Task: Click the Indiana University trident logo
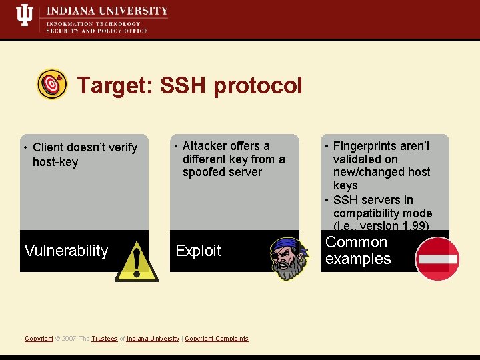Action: (25, 15)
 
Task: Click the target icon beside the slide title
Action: (51, 85)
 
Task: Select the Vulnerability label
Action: (66, 251)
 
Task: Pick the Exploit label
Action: (198, 251)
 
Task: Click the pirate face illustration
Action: (291, 257)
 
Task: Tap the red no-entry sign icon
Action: (437, 259)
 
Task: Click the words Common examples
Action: (357, 251)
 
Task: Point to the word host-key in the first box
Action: (55, 162)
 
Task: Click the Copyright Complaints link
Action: (216, 339)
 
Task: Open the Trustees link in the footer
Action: (104, 339)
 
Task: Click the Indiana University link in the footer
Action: (153, 339)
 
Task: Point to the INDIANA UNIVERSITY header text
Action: (107, 11)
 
